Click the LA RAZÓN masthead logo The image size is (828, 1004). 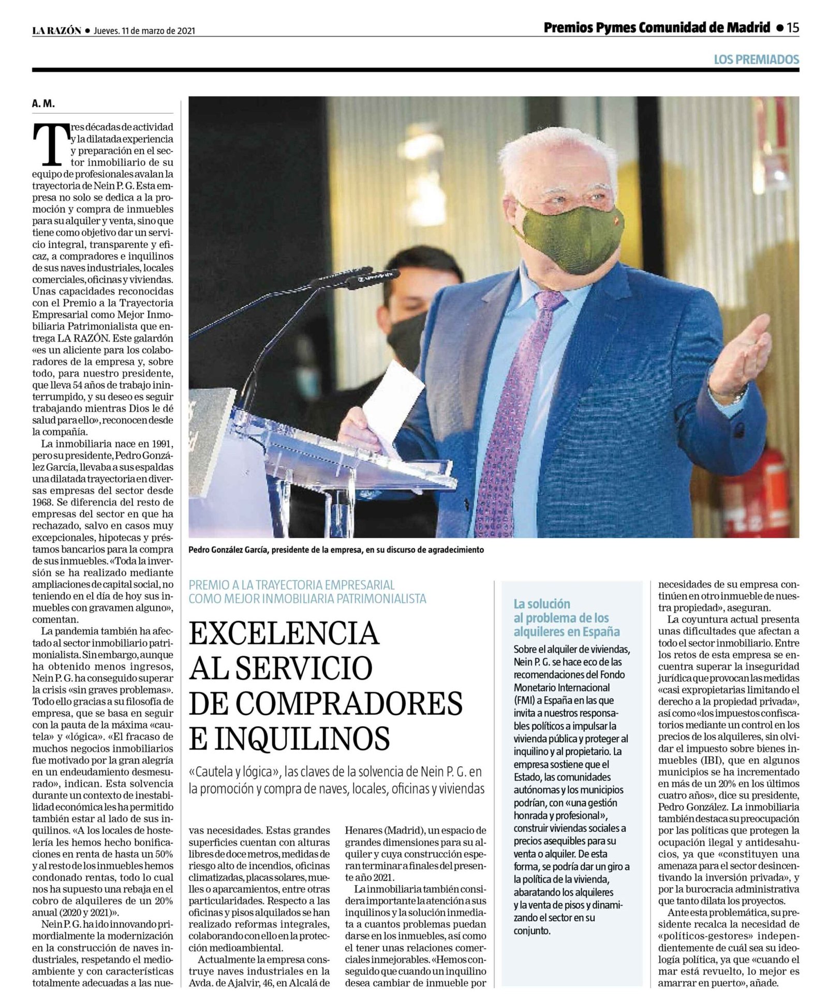(x=56, y=31)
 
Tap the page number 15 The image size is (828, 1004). (x=793, y=28)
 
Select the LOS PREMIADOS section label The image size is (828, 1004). (x=756, y=60)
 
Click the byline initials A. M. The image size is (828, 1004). (x=43, y=104)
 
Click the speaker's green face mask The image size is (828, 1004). (x=569, y=238)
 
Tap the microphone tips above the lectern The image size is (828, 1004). (x=357, y=277)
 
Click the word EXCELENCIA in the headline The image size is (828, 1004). (x=284, y=633)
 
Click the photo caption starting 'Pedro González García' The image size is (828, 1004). (x=336, y=550)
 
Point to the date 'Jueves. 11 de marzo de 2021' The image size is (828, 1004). (x=144, y=31)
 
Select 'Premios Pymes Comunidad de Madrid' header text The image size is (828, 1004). (x=656, y=28)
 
